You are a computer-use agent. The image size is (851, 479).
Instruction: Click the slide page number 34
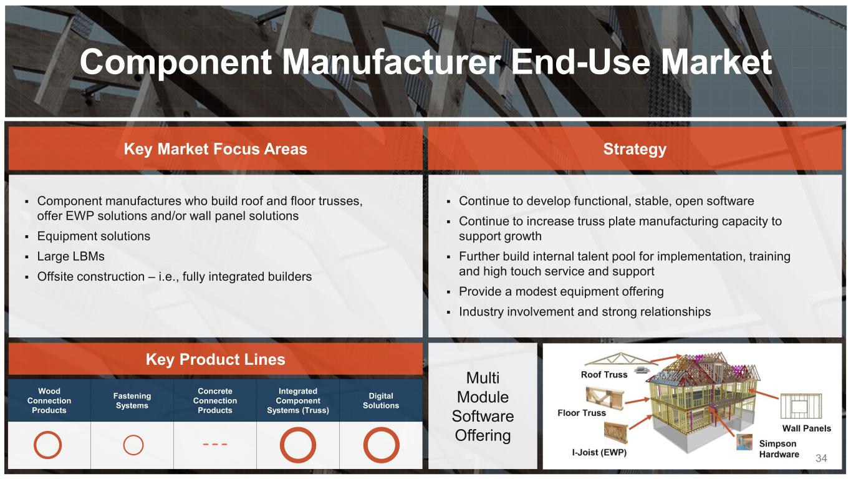coord(821,458)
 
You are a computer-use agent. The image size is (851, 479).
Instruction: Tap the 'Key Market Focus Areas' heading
coord(216,149)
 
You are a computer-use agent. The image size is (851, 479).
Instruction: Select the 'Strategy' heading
coord(635,149)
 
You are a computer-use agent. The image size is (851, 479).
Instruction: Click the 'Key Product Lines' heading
coord(216,359)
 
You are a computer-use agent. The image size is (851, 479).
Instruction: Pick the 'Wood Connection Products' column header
coord(49,400)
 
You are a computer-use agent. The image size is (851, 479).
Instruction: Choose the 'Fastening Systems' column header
coord(132,400)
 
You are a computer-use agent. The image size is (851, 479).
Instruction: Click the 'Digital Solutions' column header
coord(381,400)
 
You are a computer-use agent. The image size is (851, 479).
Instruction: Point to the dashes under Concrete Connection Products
coord(215,444)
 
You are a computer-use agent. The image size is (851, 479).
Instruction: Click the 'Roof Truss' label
coord(604,374)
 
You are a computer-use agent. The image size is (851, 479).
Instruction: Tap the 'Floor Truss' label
coord(582,413)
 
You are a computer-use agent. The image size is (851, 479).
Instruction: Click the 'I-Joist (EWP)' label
coord(599,452)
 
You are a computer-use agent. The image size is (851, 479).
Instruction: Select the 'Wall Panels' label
coord(807,428)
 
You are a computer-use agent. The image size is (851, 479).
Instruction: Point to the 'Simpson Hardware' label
coord(779,449)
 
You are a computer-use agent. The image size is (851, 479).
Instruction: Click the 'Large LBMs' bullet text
coord(70,256)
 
